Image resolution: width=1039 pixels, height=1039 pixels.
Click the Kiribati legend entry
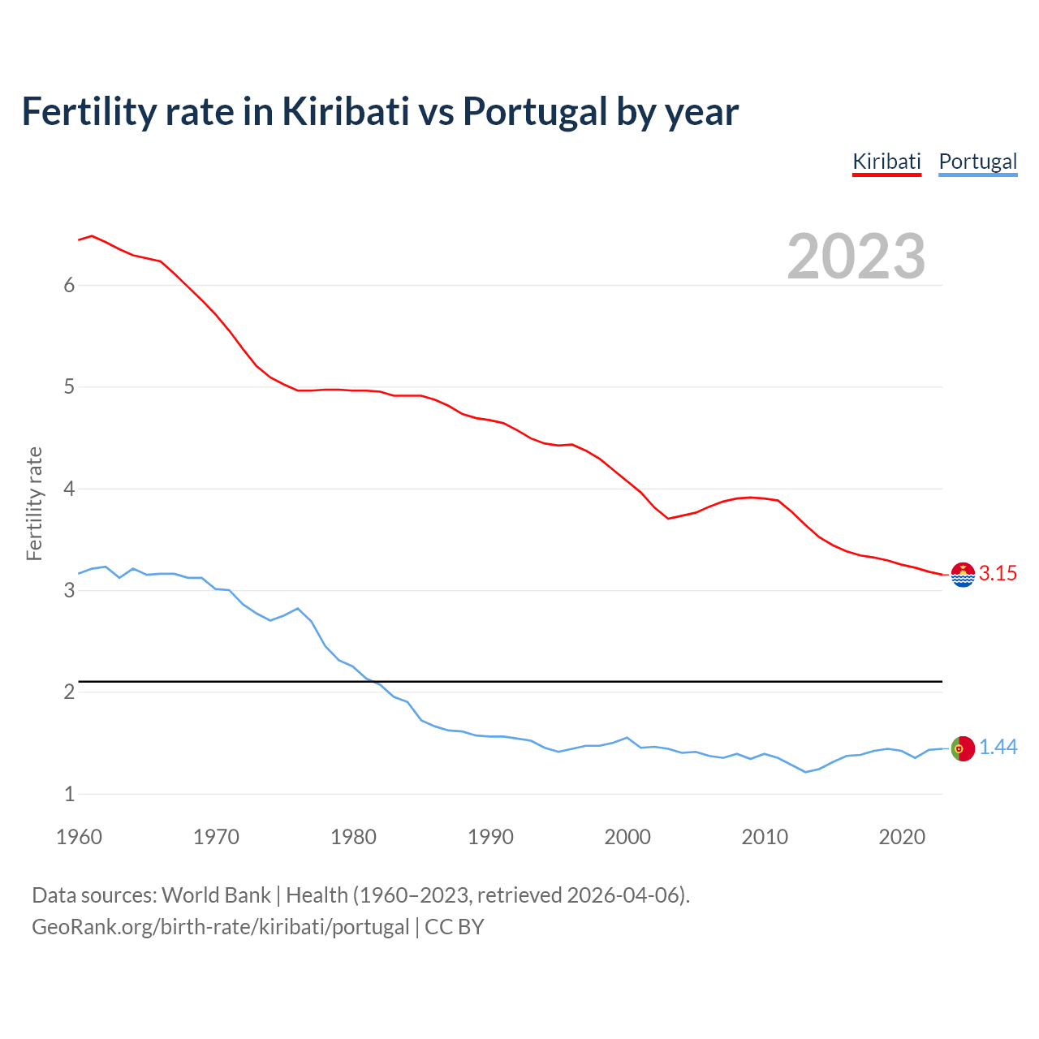tap(886, 162)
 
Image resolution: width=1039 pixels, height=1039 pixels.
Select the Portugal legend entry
tap(977, 162)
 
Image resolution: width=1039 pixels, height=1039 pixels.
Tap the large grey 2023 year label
tap(856, 257)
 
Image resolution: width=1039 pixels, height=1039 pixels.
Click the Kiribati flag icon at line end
tap(963, 574)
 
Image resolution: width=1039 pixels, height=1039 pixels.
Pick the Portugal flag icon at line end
tap(963, 748)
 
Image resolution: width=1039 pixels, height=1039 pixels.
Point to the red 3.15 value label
tap(998, 574)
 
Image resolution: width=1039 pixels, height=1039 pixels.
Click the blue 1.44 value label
tap(998, 748)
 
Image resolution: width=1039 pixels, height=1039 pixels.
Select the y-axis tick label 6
tap(70, 285)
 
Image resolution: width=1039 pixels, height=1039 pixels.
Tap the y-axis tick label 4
tap(70, 489)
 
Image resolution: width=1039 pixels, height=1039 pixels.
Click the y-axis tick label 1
tap(70, 794)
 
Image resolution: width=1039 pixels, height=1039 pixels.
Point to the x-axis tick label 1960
tap(79, 837)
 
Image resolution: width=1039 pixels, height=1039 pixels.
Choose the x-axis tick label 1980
tap(353, 837)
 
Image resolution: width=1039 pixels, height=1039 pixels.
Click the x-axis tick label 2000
tap(627, 837)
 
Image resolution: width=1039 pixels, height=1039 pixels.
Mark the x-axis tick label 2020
tap(902, 837)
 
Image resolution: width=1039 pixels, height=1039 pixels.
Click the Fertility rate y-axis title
tap(34, 503)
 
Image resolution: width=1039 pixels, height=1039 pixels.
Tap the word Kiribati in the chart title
tap(346, 111)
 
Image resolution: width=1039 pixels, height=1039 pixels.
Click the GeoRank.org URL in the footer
tap(220, 927)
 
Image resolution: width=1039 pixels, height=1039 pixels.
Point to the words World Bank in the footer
tap(216, 895)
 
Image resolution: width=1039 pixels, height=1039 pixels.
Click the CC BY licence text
tap(455, 927)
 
